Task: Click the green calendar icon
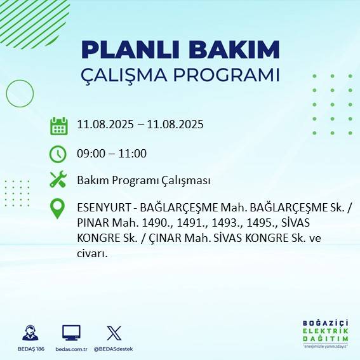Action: click(x=58, y=126)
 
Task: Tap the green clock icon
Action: click(x=58, y=154)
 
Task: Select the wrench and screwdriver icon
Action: click(x=58, y=180)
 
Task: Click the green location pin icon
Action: click(x=58, y=209)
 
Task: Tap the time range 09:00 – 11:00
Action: click(x=112, y=154)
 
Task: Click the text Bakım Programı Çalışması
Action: click(x=143, y=180)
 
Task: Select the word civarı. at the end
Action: click(x=92, y=254)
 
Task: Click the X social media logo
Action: click(x=114, y=333)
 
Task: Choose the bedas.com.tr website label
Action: click(x=71, y=349)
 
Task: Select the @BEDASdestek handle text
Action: click(x=114, y=349)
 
